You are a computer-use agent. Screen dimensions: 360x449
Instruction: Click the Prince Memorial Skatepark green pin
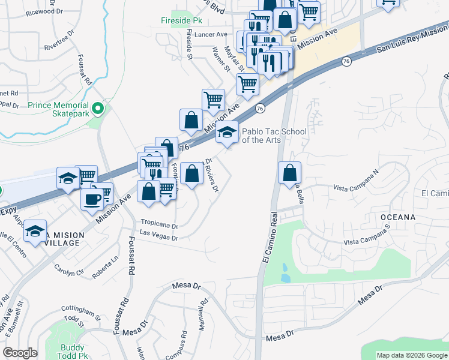tap(99, 109)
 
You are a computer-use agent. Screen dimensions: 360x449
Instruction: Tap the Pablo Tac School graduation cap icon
tap(228, 133)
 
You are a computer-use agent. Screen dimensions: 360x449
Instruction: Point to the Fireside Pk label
tap(181, 20)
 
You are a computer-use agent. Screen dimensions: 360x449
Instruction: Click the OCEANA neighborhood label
tap(397, 217)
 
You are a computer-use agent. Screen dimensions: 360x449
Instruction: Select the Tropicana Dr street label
tap(160, 226)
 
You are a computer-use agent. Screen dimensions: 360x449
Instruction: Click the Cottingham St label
tap(82, 311)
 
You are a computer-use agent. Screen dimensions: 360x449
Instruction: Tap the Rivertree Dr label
tap(59, 41)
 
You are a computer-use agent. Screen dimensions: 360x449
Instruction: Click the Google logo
tap(20, 353)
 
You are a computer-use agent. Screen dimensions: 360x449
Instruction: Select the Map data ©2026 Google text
tap(412, 355)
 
